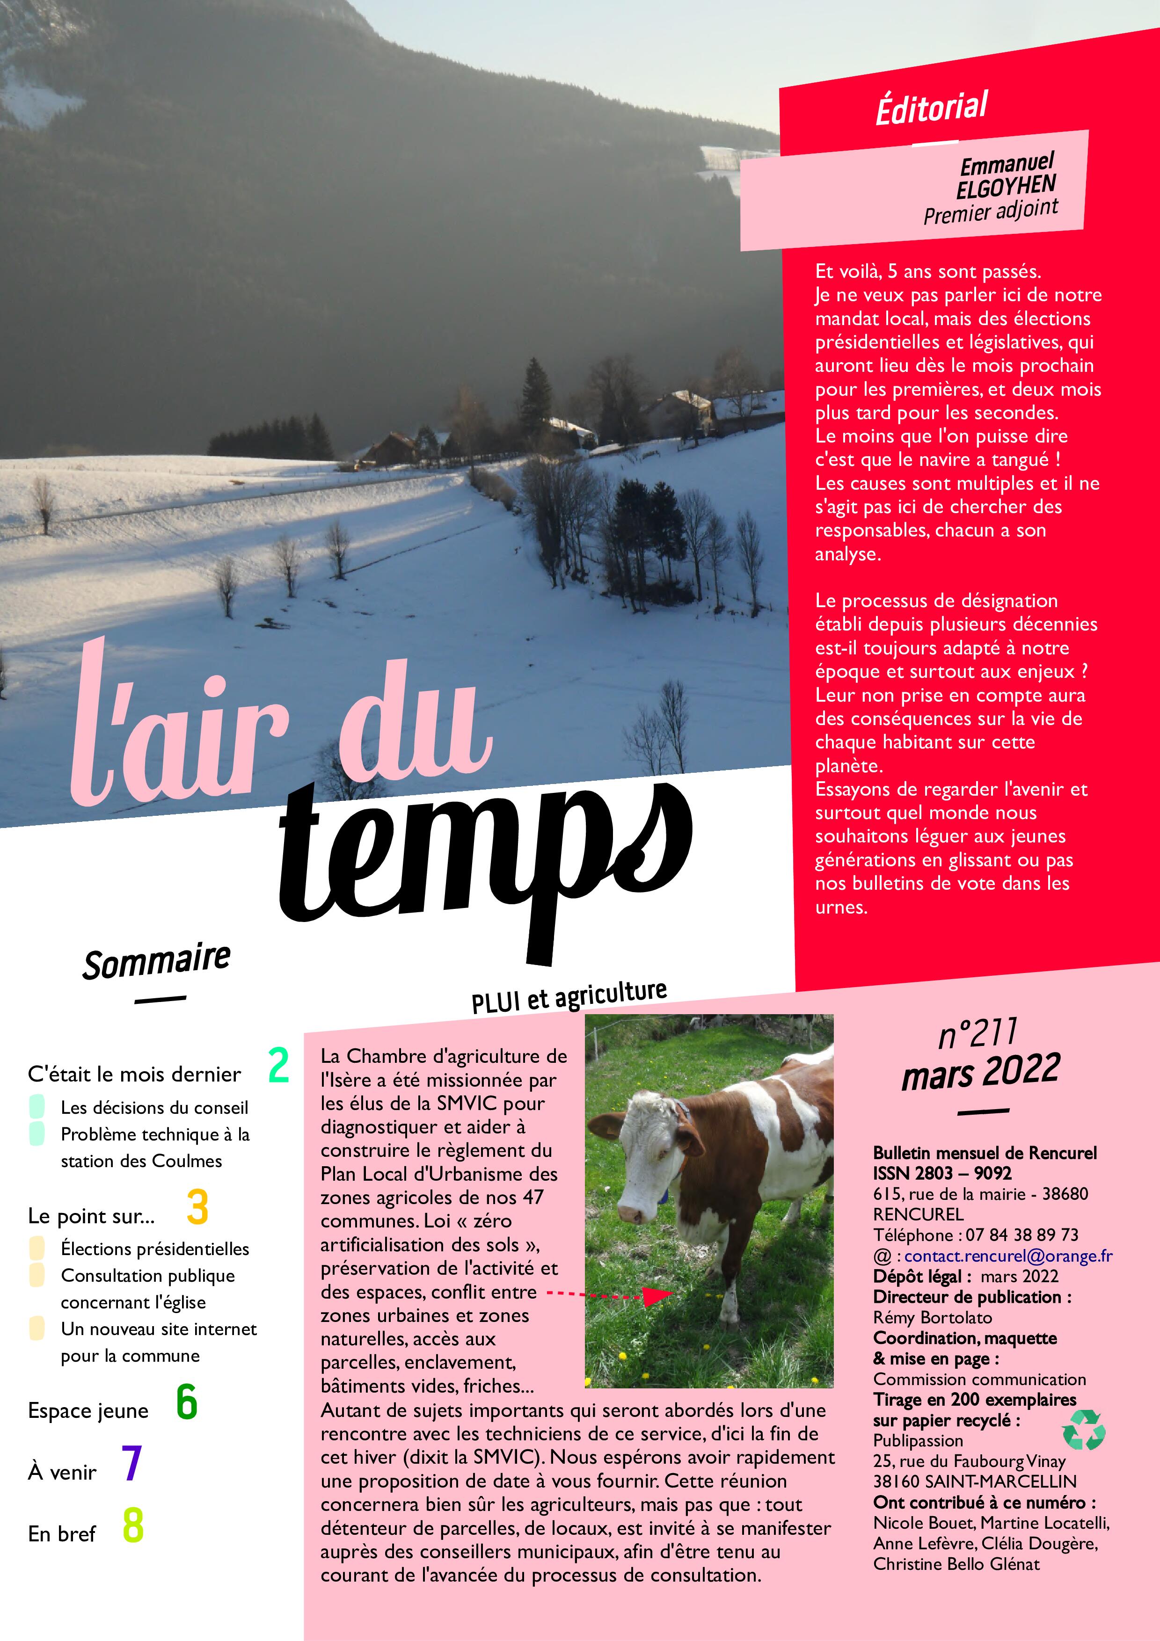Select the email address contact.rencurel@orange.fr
[x=1008, y=1256]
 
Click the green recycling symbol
[x=1084, y=1430]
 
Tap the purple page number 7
[x=131, y=1463]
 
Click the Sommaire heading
[x=157, y=961]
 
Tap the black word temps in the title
[x=486, y=857]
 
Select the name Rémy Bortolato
[x=932, y=1317]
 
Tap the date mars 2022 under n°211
[x=981, y=1072]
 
